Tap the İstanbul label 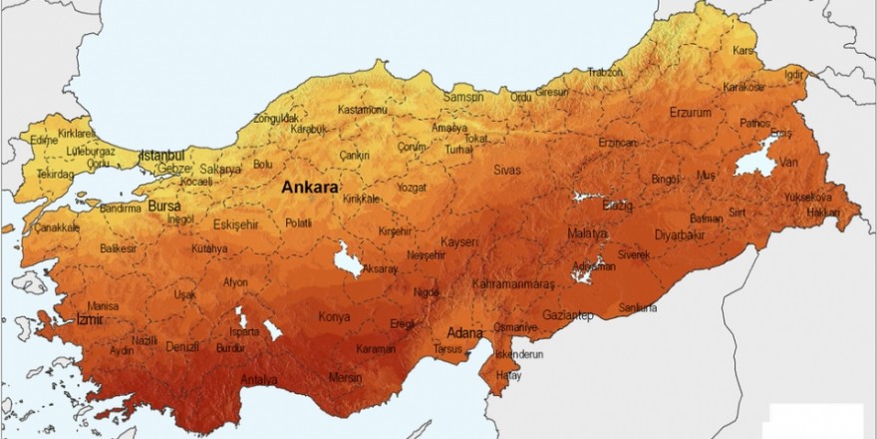tap(162, 156)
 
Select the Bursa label tap(162, 206)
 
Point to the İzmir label tap(91, 319)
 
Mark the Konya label tap(334, 318)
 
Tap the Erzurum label tap(691, 112)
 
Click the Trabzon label tap(605, 72)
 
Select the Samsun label tap(462, 97)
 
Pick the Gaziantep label tap(569, 316)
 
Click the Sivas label tap(506, 170)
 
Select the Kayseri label tap(460, 242)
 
